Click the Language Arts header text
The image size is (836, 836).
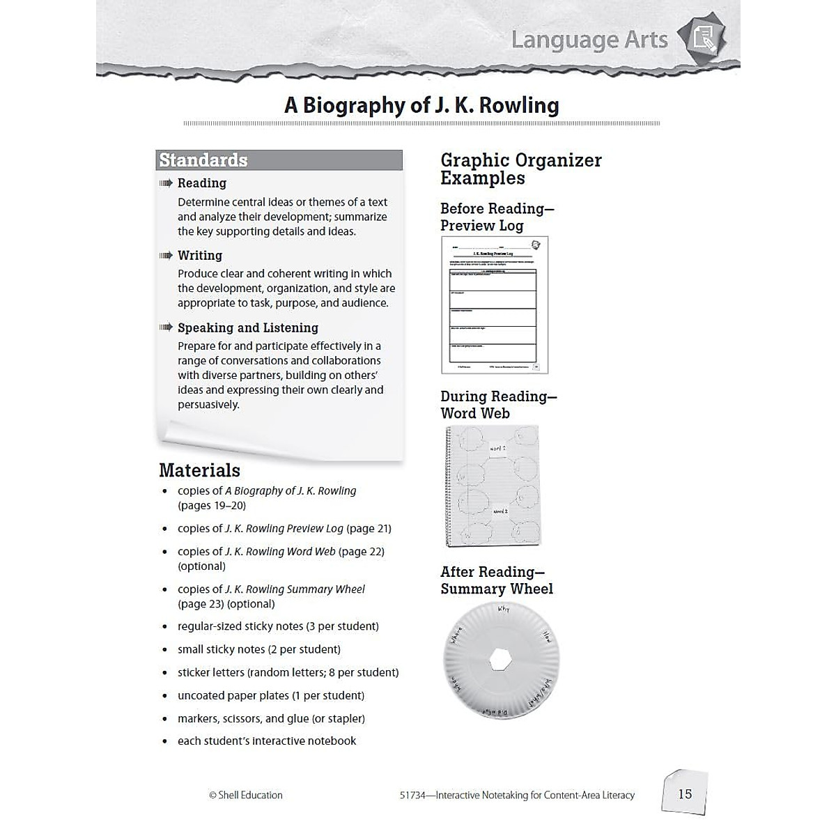tap(589, 40)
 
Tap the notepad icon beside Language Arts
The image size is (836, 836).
tap(704, 38)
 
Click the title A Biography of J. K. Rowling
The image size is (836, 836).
tap(421, 105)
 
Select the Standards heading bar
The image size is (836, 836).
tap(279, 160)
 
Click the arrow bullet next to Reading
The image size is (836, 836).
tap(166, 183)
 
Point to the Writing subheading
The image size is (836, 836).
tap(200, 256)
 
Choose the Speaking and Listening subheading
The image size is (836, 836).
tap(248, 328)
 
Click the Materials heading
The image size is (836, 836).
tap(199, 470)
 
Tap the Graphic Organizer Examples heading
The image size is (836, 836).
tap(520, 169)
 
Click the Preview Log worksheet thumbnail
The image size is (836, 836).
tap(495, 304)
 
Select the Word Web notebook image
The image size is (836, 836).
tap(493, 486)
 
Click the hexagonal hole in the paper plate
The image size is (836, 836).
tap(501, 658)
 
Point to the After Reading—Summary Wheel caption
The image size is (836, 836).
tap(497, 580)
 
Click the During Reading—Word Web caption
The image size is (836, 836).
tap(498, 405)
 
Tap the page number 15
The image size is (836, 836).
tap(685, 794)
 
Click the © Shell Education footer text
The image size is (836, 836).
tap(246, 795)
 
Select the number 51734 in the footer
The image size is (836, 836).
tap(414, 795)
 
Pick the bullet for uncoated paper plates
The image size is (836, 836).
tap(165, 696)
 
